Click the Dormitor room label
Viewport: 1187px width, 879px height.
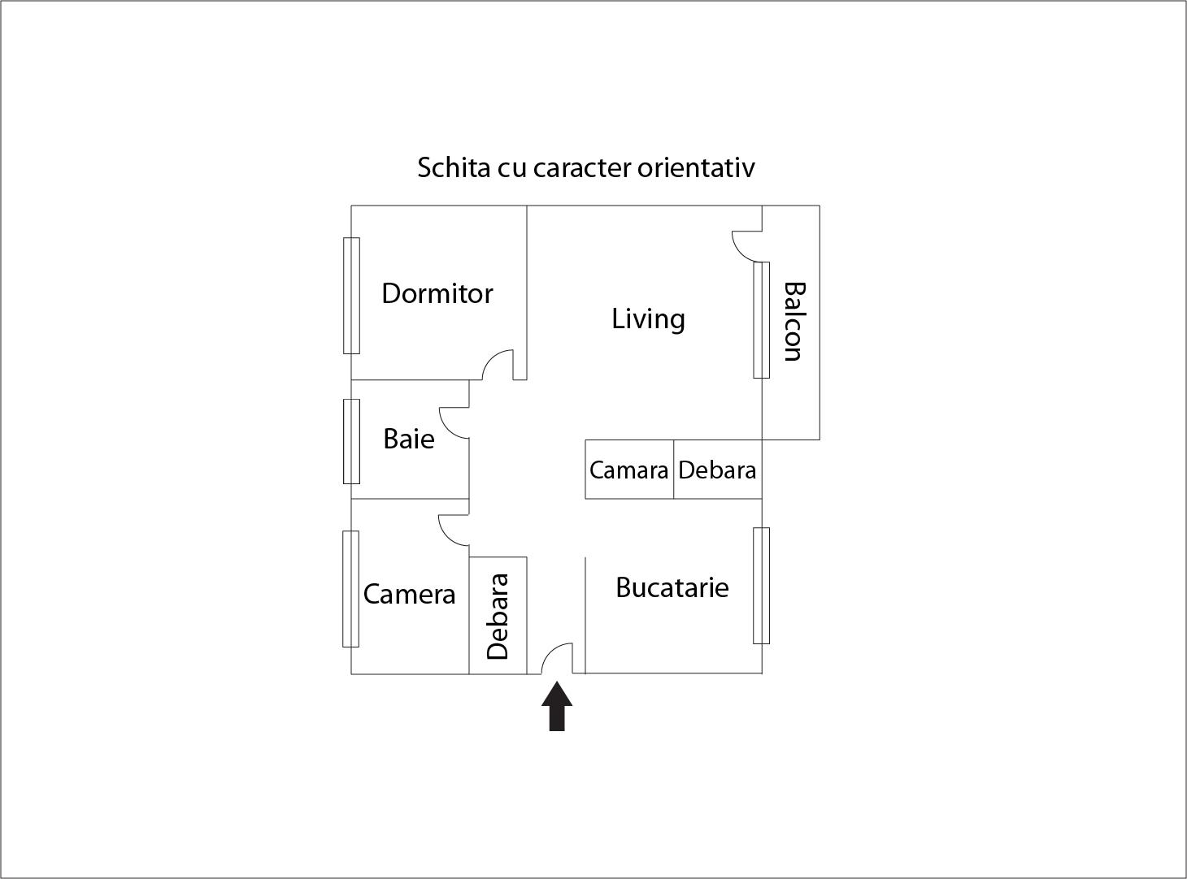(437, 293)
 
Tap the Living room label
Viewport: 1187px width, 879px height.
(648, 318)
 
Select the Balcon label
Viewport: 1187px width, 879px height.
(793, 321)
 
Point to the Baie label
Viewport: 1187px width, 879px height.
(408, 439)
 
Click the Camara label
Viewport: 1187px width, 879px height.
(628, 470)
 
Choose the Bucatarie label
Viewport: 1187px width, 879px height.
(672, 587)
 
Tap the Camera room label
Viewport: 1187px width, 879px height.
(409, 594)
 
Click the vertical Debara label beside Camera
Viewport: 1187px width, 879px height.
(498, 617)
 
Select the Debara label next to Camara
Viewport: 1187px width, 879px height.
(717, 470)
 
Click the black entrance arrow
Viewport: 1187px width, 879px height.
(557, 706)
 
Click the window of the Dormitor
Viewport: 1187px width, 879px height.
(351, 296)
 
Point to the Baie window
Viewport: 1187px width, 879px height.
(351, 441)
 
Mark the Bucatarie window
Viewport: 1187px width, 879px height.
(761, 586)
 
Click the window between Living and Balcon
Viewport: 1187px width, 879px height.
(761, 320)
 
